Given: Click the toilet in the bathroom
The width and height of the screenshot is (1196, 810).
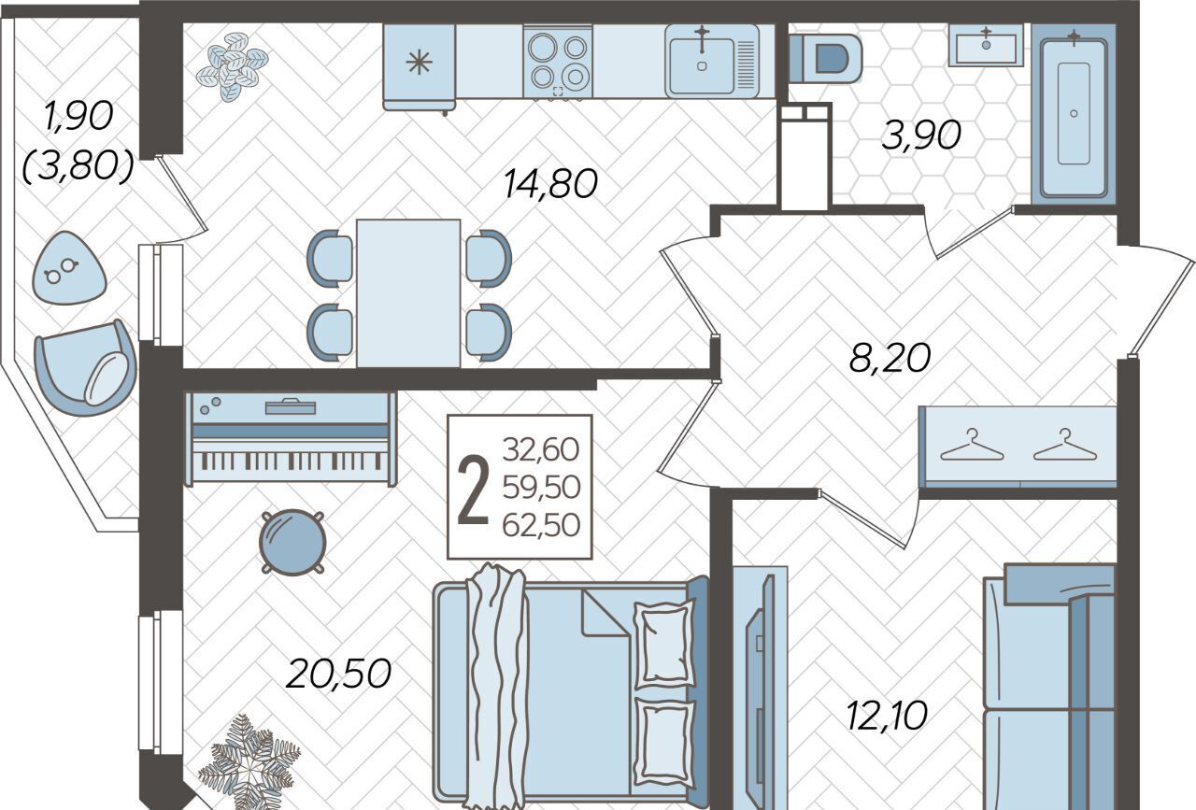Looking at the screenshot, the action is (825, 59).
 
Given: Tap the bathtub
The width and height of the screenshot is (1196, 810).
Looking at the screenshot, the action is (1074, 114).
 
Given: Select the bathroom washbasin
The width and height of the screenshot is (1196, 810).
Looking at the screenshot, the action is (986, 46).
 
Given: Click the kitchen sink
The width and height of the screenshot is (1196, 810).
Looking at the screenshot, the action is (712, 61).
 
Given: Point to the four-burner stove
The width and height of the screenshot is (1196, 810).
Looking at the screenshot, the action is (558, 62).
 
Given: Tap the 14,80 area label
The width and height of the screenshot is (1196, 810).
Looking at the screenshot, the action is (550, 183).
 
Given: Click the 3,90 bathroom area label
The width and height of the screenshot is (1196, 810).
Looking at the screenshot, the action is (921, 135).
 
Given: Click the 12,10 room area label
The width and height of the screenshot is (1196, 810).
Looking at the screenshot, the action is (887, 715).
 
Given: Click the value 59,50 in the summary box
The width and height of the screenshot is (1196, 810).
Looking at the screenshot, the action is (541, 487).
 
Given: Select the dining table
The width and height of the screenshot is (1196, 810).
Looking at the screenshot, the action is (408, 293).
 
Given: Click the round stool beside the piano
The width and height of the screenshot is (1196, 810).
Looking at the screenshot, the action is (292, 542).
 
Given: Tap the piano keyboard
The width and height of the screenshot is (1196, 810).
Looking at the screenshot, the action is (291, 461).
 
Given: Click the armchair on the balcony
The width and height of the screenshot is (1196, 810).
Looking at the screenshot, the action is (84, 368).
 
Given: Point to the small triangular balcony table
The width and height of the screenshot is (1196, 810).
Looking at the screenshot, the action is (68, 268).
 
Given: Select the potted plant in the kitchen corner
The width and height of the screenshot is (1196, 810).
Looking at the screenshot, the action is (233, 66).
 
